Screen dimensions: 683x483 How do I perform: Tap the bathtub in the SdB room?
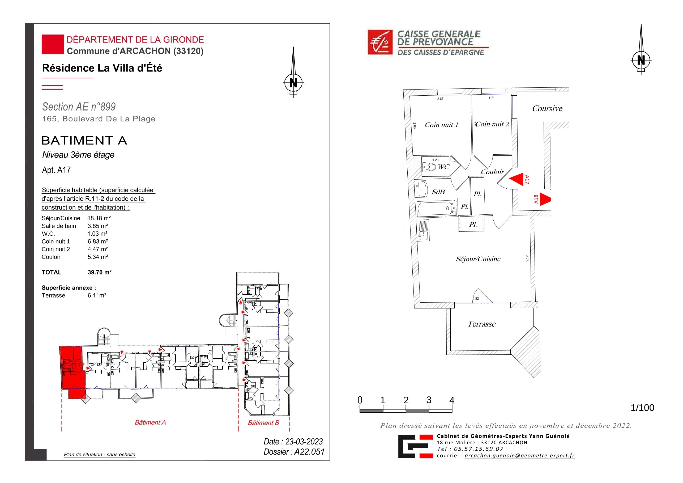436,208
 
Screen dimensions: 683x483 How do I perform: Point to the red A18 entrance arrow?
545,199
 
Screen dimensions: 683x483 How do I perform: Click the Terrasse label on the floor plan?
482,324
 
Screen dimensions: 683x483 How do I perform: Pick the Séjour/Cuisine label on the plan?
478,259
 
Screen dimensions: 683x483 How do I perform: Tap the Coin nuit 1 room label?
441,125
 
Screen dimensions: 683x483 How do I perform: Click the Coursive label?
547,108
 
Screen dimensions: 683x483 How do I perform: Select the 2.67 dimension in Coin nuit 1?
440,99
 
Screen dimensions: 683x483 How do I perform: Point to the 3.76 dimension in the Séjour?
527,258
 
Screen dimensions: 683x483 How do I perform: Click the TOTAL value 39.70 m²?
99,272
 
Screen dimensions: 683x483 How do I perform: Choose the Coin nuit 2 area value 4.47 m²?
97,249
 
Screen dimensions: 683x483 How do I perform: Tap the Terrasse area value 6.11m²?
97,295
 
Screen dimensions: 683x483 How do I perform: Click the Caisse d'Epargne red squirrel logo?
380,42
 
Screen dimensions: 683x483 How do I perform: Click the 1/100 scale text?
642,408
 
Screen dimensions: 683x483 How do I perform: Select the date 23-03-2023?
304,442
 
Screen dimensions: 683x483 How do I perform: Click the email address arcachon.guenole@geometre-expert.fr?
520,456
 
